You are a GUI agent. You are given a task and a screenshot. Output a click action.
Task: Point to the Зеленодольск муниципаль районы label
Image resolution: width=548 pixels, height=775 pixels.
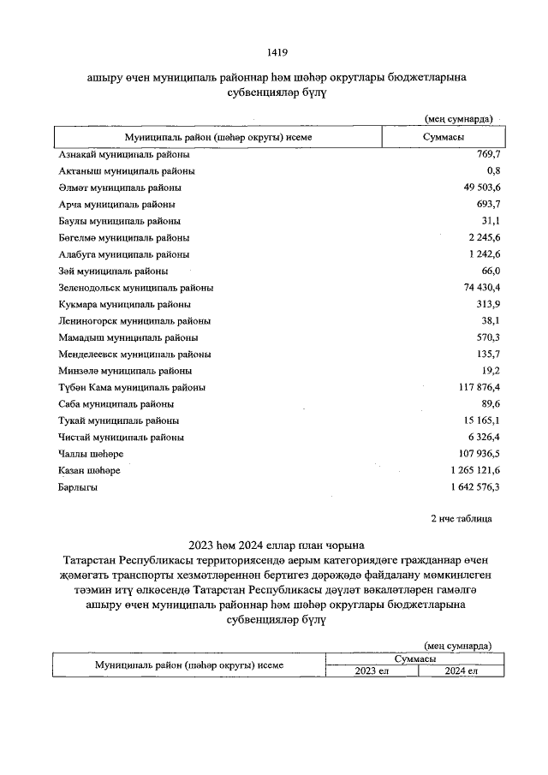pyautogui.click(x=135, y=288)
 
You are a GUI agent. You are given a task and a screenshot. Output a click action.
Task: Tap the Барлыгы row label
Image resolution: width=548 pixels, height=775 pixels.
pyautogui.click(x=78, y=487)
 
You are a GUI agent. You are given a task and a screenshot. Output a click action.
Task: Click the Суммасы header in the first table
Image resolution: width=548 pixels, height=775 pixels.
pyautogui.click(x=444, y=137)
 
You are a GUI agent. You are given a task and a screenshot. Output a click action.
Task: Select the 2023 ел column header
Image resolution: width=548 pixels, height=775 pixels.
pyautogui.click(x=372, y=671)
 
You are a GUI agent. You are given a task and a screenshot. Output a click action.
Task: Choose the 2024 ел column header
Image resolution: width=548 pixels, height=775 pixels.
pyautogui.click(x=461, y=671)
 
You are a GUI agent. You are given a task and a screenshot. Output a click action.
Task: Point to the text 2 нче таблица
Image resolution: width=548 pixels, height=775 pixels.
pyautogui.click(x=461, y=519)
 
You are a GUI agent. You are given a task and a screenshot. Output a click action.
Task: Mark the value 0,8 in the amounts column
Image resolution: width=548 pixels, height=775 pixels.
pyautogui.click(x=492, y=171)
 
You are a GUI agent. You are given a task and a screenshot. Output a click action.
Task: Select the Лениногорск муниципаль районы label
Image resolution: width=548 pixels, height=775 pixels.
pyautogui.click(x=134, y=321)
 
